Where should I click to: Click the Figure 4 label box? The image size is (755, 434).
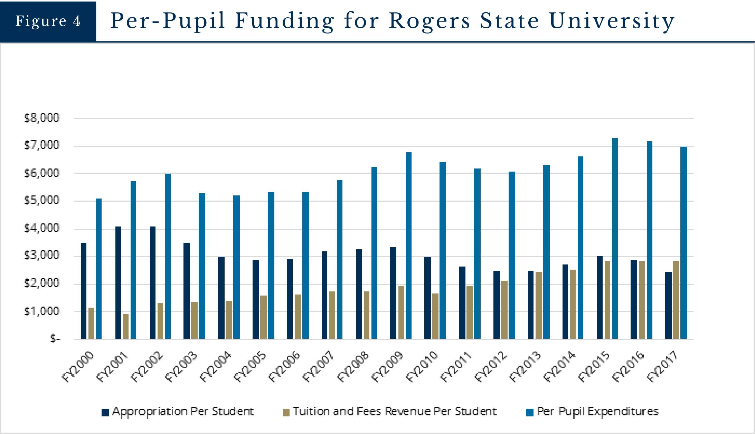coord(48,21)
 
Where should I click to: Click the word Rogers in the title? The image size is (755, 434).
coord(429,21)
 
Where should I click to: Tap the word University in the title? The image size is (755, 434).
coord(612,21)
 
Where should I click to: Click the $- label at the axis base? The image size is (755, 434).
coord(55,339)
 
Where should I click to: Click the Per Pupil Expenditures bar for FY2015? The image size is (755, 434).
coord(615,238)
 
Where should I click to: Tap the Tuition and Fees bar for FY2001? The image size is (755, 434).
coord(126,326)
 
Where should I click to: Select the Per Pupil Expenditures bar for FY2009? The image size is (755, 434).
coord(409,245)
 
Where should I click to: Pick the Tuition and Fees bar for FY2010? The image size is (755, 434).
coord(435,316)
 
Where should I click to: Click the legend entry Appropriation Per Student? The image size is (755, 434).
coord(178,412)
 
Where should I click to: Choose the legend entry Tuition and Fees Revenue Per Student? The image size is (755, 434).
coord(390,412)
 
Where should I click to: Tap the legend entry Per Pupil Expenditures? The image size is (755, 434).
coord(592,412)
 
